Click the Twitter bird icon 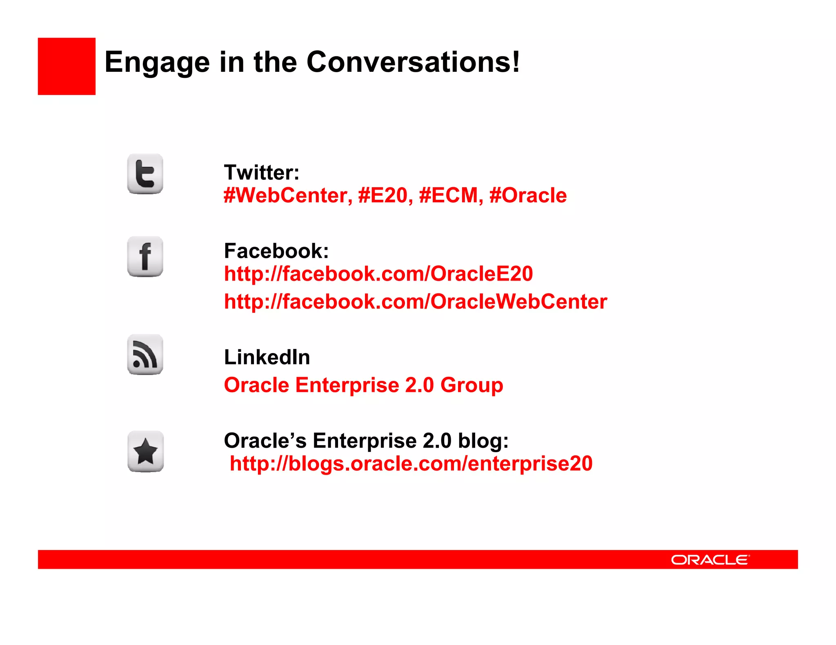pyautogui.click(x=145, y=174)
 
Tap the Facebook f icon pyautogui.click(x=145, y=256)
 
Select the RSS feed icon pyautogui.click(x=145, y=355)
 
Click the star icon pyautogui.click(x=145, y=451)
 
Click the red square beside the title pyautogui.click(x=67, y=66)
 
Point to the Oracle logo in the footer pyautogui.click(x=710, y=560)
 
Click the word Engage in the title pyautogui.click(x=157, y=62)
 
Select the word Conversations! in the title pyautogui.click(x=413, y=62)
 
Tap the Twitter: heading pyautogui.click(x=262, y=172)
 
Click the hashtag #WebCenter pyautogui.click(x=288, y=195)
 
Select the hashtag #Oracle pyautogui.click(x=528, y=195)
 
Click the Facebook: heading pyautogui.click(x=276, y=251)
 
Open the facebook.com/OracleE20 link pyautogui.click(x=378, y=274)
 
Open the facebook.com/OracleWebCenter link pyautogui.click(x=416, y=302)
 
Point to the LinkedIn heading pyautogui.click(x=267, y=357)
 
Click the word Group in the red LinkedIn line pyautogui.click(x=471, y=385)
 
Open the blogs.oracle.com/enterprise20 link pyautogui.click(x=411, y=464)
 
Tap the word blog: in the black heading pyautogui.click(x=483, y=441)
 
